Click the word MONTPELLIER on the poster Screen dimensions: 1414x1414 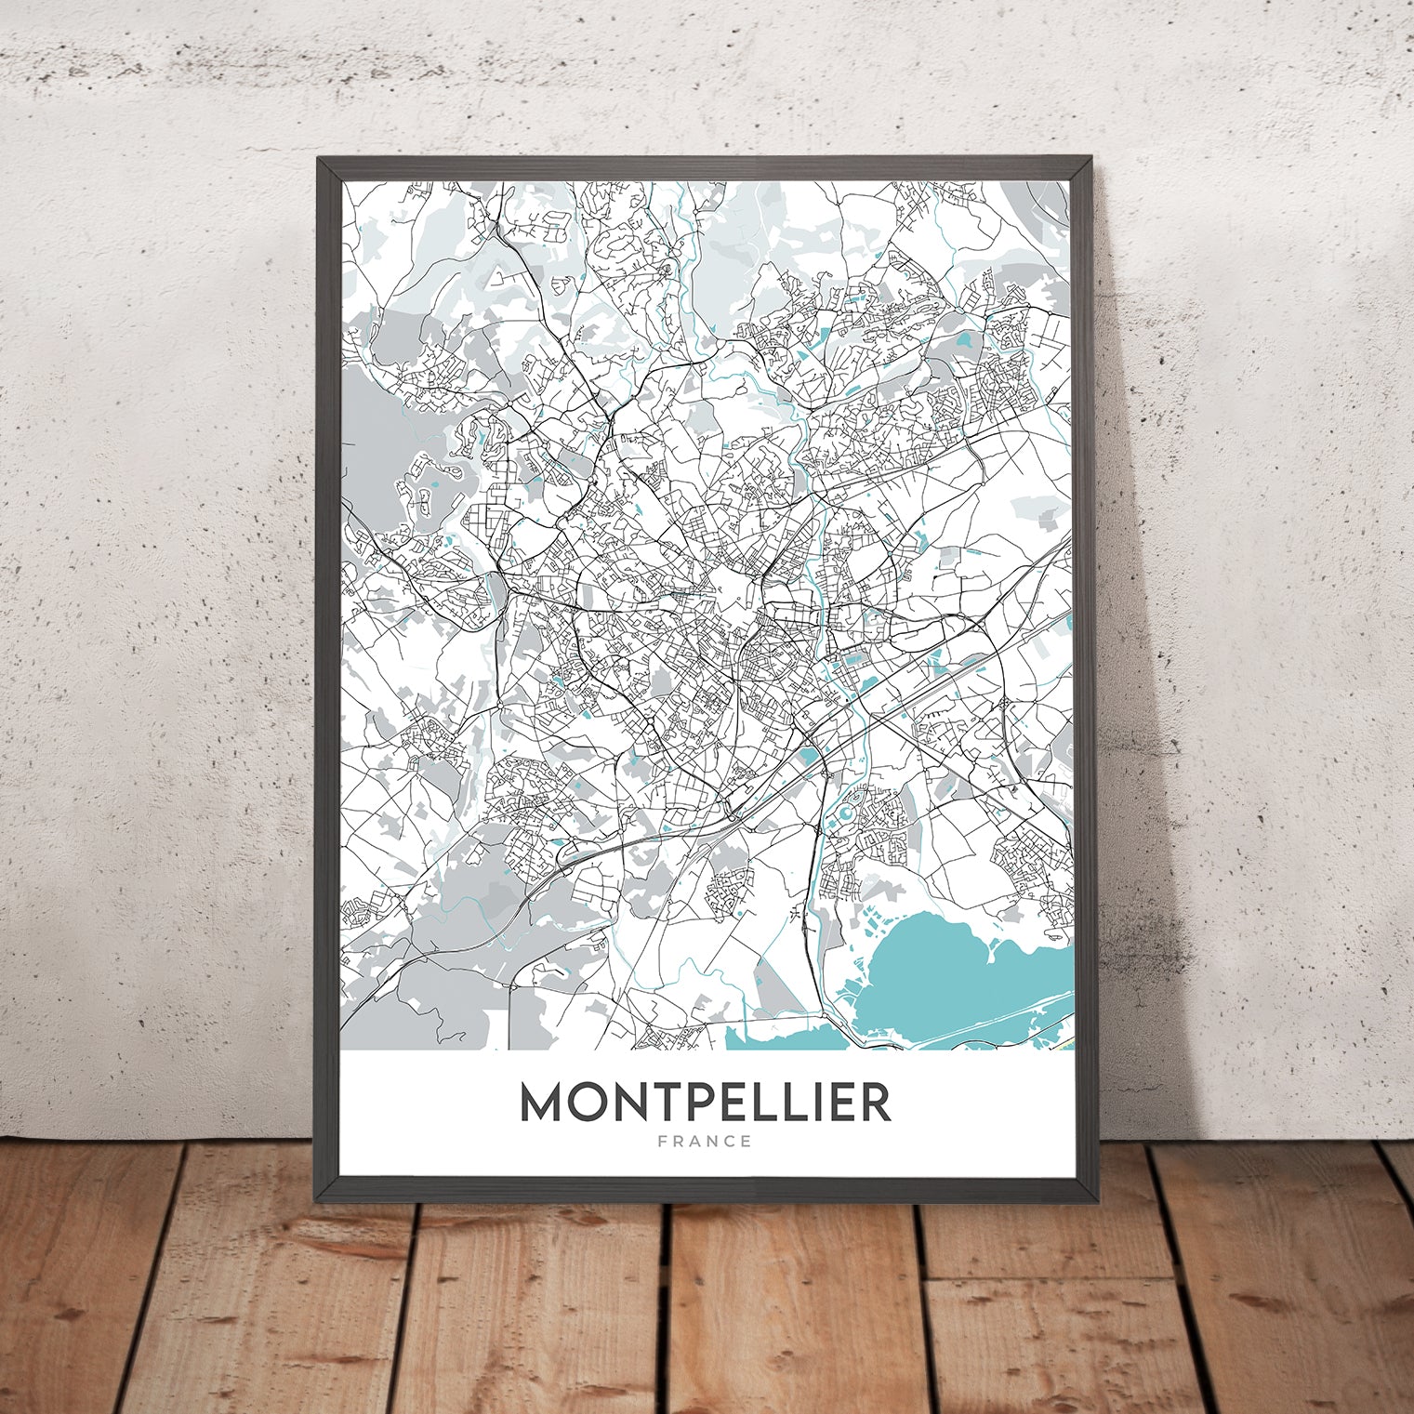tap(705, 1102)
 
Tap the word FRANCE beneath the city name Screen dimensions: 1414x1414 tap(705, 1142)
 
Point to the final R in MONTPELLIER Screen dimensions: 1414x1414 tap(875, 1102)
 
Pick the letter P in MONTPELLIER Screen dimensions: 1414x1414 tap(707, 1102)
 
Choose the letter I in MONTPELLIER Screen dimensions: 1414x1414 tap(815, 1102)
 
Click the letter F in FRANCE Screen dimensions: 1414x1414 tap(662, 1142)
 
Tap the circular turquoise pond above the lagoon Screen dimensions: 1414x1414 tap(845, 815)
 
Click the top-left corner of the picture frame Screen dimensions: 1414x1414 tap(319, 159)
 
